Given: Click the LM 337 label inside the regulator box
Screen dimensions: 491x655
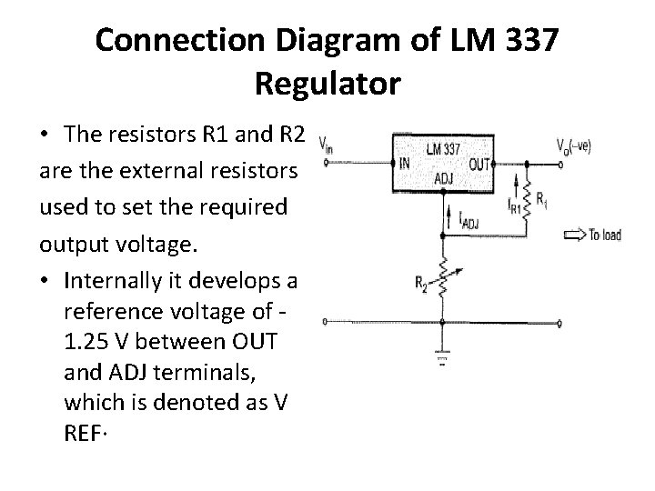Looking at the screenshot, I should [x=443, y=148].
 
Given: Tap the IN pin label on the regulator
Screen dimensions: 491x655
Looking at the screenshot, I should [x=403, y=165].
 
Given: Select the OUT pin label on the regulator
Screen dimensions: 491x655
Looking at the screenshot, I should [x=479, y=165].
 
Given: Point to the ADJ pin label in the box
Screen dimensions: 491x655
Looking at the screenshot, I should [x=443, y=179].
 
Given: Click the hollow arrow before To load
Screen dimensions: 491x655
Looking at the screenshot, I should [x=576, y=235].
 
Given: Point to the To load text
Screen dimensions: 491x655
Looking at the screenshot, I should [x=605, y=235].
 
